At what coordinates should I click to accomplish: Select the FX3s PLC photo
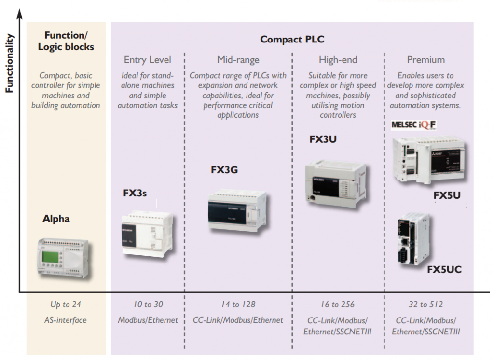(x=147, y=234)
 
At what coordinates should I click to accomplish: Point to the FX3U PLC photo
(x=335, y=181)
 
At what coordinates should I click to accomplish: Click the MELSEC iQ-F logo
(x=414, y=125)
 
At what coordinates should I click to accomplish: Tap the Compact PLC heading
(x=292, y=40)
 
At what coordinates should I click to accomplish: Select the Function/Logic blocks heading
(x=66, y=41)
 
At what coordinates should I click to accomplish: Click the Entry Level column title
(x=147, y=60)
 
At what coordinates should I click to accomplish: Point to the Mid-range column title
(x=238, y=60)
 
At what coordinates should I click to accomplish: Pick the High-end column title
(x=338, y=60)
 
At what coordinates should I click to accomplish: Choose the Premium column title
(x=425, y=60)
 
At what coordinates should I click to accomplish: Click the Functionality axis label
(x=9, y=63)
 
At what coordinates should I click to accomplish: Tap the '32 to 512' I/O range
(x=425, y=305)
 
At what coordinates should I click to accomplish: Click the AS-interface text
(x=66, y=320)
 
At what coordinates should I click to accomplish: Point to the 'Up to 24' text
(x=66, y=305)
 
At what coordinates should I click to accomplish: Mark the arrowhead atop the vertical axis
(x=20, y=12)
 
